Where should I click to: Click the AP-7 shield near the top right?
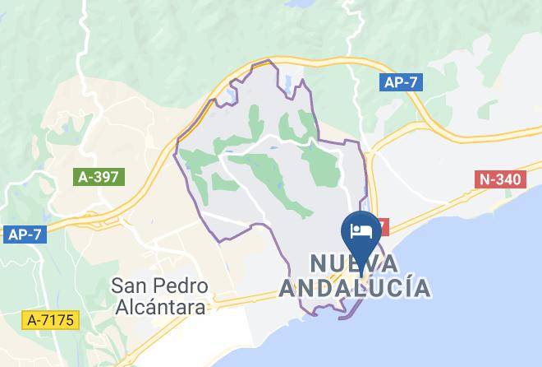click(401, 81)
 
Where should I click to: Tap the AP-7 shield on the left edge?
click(25, 235)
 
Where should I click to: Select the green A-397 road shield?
click(98, 175)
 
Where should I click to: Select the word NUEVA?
click(354, 264)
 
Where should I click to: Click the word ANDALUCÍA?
click(354, 289)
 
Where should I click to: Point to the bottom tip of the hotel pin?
click(362, 256)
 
